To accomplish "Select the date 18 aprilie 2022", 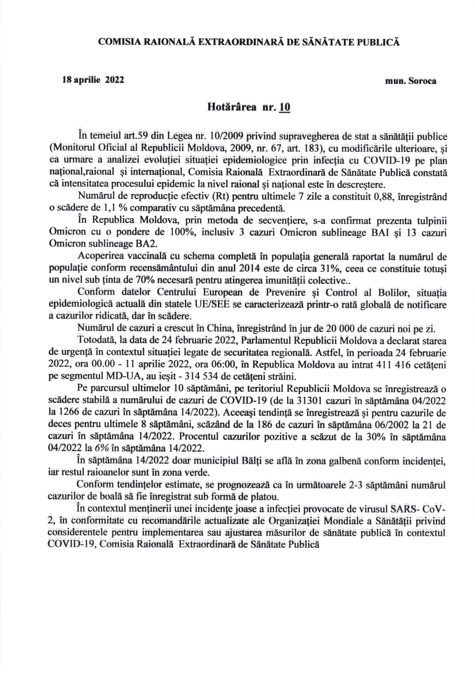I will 93,80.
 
